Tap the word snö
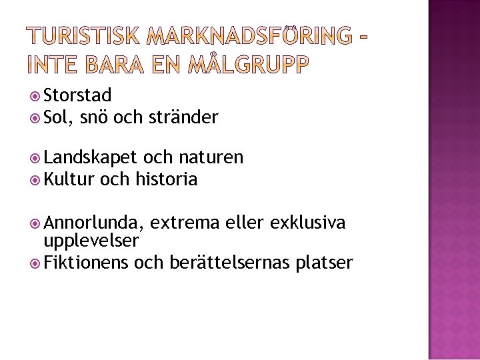pyautogui.click(x=95, y=119)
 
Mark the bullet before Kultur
pyautogui.click(x=37, y=179)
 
